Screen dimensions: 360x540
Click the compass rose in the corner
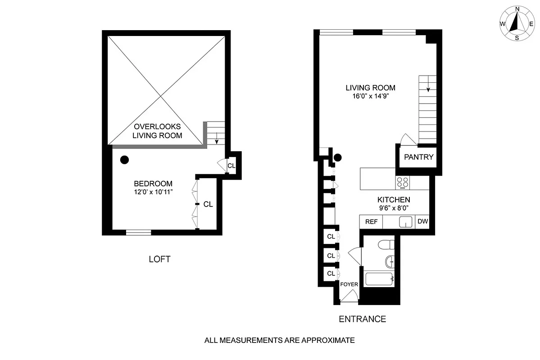[x=517, y=23]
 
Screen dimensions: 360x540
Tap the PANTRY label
[x=418, y=157]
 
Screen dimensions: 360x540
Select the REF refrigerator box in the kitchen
[x=371, y=222]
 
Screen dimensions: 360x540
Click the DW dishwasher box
[x=422, y=221]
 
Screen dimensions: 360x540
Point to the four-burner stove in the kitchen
[x=402, y=182]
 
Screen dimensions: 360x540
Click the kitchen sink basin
[x=406, y=222]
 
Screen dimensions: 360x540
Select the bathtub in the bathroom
[x=380, y=279]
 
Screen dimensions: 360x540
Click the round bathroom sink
[x=390, y=261]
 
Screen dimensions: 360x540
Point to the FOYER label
[x=349, y=284]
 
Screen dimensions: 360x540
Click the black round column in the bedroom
[x=124, y=159]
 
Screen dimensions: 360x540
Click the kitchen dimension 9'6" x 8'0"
[x=393, y=208]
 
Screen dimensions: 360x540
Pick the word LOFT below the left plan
[x=159, y=259]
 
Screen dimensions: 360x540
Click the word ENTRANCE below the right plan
[x=362, y=319]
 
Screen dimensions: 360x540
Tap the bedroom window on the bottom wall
[x=138, y=232]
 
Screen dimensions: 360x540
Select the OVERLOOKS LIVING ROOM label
[x=157, y=131]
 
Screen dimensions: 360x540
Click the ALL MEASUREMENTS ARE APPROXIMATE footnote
[x=279, y=341]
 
